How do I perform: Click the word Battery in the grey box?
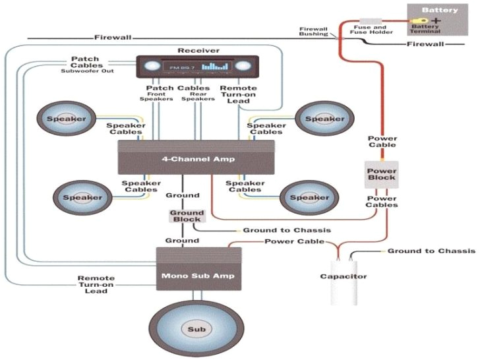tap(440, 11)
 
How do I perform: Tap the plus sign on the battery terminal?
tap(437, 21)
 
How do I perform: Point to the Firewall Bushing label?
tap(314, 32)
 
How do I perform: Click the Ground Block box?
tap(187, 217)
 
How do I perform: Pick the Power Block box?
tap(381, 173)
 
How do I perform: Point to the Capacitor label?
tap(344, 276)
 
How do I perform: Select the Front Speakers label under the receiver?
tap(156, 96)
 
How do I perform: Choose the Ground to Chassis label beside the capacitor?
tap(431, 251)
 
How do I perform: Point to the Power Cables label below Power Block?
tap(382, 201)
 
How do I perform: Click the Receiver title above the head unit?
tap(198, 51)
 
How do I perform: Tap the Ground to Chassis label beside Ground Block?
tap(287, 230)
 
